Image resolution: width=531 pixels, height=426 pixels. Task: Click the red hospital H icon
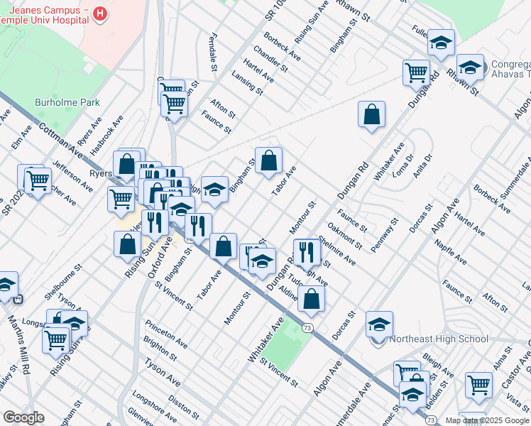point(100,13)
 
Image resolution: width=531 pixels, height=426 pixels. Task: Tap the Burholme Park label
point(67,102)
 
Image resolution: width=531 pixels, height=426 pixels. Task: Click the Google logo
point(23,417)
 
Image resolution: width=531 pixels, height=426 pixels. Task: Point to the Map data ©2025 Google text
point(488,420)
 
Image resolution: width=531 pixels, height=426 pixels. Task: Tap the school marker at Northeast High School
point(379,324)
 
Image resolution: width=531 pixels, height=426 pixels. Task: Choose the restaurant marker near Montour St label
point(306,251)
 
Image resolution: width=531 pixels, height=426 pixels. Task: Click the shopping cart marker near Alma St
point(478,385)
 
